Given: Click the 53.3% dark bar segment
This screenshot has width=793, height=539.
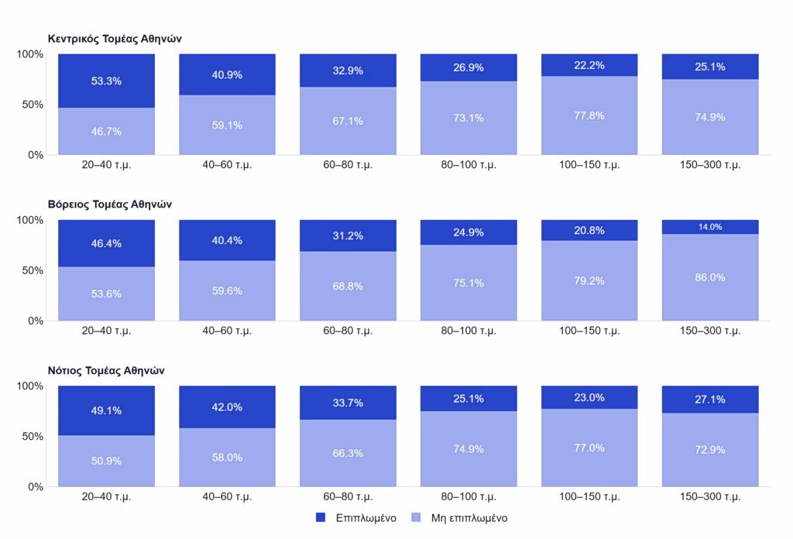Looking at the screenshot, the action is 106,81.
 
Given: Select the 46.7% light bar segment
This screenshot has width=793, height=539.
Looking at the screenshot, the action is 106,132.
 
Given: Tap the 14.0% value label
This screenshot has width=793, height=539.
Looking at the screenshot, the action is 710,227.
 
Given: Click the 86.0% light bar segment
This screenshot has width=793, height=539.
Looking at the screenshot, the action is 710,277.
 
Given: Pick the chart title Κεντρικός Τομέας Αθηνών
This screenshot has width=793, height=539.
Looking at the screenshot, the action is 115,39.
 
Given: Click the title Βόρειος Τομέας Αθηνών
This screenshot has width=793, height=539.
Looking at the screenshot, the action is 110,204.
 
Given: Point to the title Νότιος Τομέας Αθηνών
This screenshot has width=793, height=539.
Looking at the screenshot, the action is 106,371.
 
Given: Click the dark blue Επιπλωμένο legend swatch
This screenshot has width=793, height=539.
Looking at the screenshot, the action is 321,517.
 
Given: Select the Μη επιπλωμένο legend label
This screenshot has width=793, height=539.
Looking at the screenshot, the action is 469,518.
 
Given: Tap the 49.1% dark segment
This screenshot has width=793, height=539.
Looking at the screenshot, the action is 106,410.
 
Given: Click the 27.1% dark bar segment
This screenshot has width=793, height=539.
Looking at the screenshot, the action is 710,400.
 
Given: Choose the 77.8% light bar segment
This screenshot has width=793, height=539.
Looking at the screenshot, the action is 589,116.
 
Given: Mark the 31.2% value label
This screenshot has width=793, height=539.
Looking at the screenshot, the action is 348,236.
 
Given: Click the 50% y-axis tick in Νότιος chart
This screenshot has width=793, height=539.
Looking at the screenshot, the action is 33,436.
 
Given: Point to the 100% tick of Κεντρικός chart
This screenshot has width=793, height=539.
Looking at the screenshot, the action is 30,54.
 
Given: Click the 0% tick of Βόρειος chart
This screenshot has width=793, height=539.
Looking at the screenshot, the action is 36,321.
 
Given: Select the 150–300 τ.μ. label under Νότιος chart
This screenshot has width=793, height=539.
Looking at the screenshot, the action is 710,496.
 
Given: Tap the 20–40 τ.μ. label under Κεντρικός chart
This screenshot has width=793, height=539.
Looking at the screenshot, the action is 106,165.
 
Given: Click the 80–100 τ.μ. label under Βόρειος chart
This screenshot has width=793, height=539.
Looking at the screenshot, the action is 469,331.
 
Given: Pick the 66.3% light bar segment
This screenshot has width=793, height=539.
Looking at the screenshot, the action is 348,453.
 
